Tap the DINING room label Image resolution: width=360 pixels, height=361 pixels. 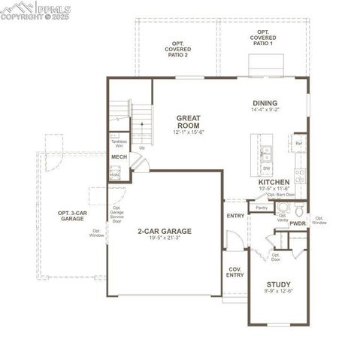265,104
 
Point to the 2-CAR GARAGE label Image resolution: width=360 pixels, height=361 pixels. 164,231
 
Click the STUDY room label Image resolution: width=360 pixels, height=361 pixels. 278,284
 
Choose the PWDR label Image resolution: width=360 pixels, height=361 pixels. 298,223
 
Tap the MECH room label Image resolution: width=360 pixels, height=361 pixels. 119,156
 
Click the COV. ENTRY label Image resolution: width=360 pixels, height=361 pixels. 234,271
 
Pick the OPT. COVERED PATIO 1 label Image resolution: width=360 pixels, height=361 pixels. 263,38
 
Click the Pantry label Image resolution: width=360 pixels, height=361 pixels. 262,207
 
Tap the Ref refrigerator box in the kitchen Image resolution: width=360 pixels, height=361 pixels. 298,143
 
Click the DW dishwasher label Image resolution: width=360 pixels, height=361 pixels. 266,168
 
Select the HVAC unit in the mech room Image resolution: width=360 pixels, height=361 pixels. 114,174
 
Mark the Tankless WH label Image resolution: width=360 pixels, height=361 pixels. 118,144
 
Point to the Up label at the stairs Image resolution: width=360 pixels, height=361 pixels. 141,147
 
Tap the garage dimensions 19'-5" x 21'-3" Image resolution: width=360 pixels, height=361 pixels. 164,238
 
